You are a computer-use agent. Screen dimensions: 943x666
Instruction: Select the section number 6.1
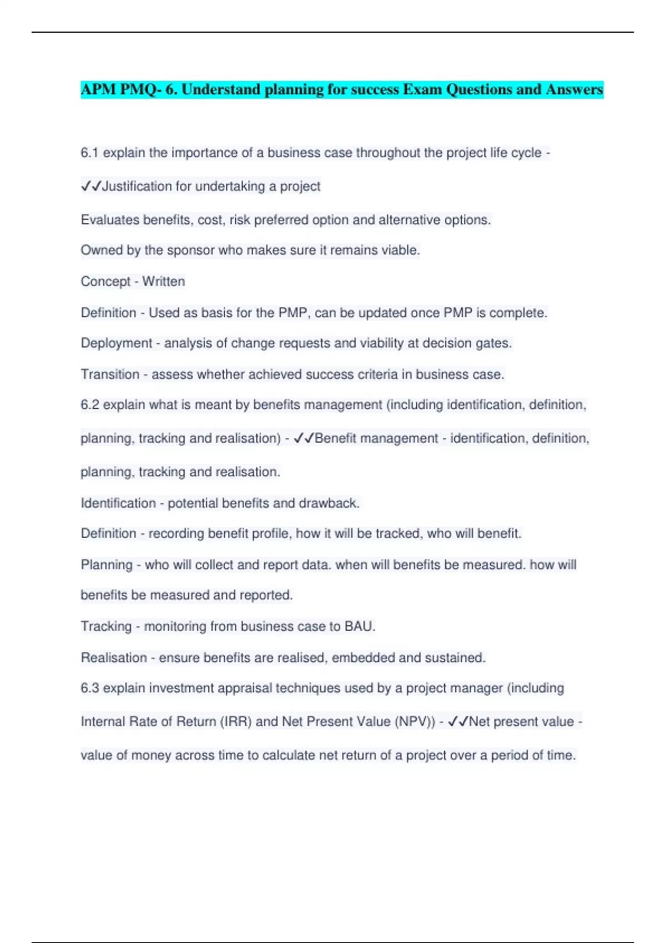point(89,153)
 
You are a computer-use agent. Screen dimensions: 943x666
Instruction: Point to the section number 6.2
point(89,405)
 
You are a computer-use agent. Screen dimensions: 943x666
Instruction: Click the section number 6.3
point(89,688)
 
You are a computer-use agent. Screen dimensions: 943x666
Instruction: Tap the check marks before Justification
point(91,186)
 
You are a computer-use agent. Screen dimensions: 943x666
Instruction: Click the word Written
point(163,282)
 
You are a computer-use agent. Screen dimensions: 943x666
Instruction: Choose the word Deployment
point(116,343)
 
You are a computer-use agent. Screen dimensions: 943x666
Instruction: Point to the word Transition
point(110,374)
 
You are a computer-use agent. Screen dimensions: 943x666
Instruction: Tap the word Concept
point(105,282)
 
